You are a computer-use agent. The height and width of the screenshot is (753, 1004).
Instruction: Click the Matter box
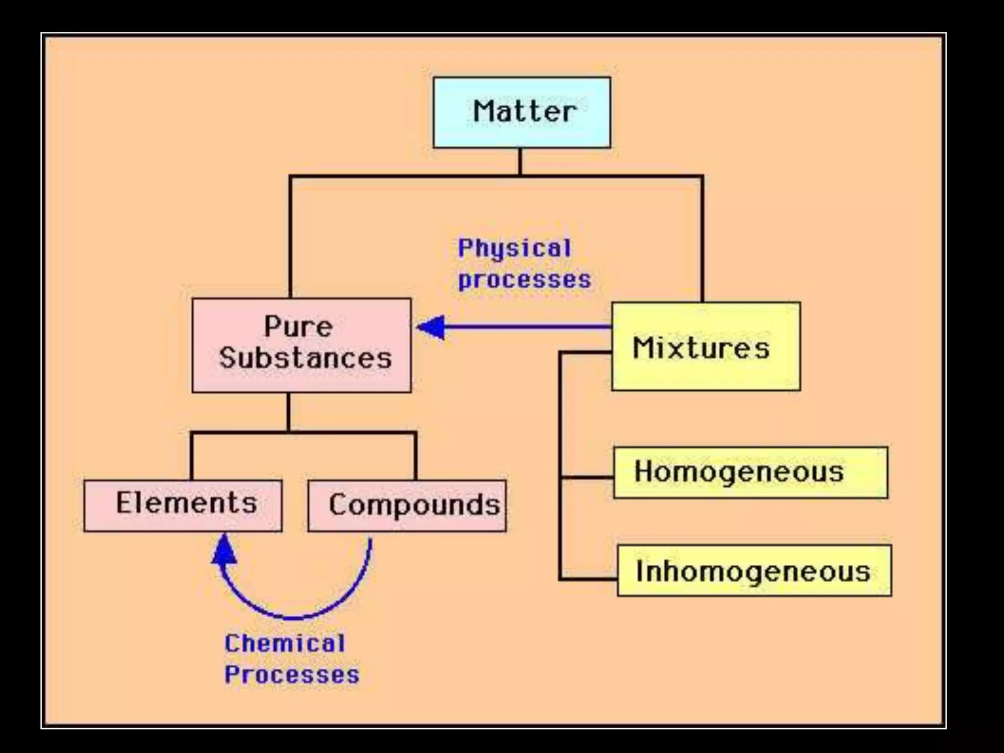point(522,112)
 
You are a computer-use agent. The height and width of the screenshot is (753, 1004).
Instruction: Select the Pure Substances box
point(301,345)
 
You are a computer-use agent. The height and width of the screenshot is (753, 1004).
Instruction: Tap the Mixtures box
point(706,346)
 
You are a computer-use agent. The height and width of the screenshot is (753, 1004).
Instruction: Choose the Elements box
point(183,505)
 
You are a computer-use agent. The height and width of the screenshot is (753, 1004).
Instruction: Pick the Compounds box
point(407,506)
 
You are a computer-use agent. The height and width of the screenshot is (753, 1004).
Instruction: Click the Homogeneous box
point(750,473)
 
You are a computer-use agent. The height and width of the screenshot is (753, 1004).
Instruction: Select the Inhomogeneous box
point(754,571)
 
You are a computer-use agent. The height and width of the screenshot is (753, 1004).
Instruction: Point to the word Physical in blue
point(514,248)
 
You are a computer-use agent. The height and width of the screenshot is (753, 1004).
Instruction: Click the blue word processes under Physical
point(525,280)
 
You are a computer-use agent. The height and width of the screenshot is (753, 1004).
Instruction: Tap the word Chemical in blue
point(285,643)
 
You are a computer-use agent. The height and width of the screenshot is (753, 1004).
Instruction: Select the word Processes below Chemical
point(292,675)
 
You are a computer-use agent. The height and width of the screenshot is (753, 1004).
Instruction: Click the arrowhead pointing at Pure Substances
point(431,327)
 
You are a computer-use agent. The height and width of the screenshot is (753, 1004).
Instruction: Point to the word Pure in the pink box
point(298,326)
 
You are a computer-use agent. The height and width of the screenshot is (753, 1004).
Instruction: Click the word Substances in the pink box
point(305,358)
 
